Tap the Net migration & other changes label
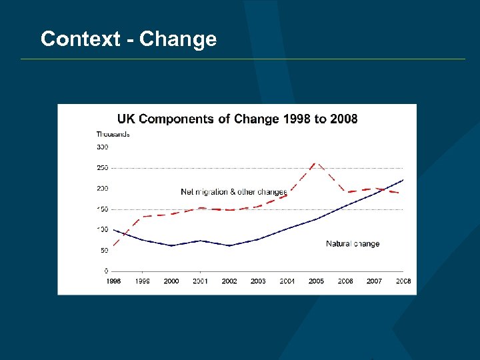[x=234, y=192]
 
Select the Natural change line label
[x=353, y=243]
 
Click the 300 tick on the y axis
[x=103, y=147]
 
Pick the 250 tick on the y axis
[x=103, y=168]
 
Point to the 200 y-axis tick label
[x=103, y=189]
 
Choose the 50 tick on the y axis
[x=105, y=251]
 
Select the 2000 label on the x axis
[x=171, y=281]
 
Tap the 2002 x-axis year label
[x=229, y=281]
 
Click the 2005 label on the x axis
[x=316, y=281]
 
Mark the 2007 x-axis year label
[x=374, y=281]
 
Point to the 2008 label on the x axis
[x=403, y=281]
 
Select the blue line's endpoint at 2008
[x=403, y=180]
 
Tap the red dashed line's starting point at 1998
[x=113, y=245]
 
